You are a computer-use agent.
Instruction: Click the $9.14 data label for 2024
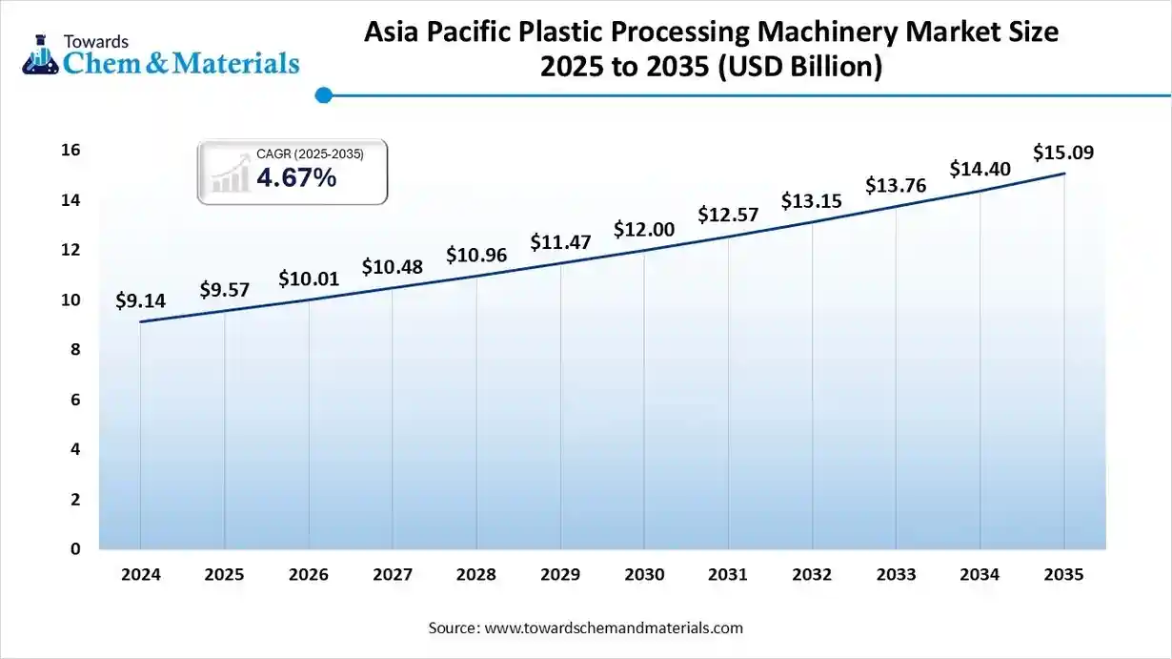click(x=140, y=301)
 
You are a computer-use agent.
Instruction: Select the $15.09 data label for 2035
click(x=1063, y=153)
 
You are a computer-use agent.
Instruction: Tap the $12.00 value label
click(x=644, y=230)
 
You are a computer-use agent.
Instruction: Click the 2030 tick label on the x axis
click(x=644, y=575)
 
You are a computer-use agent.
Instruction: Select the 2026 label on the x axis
click(x=308, y=575)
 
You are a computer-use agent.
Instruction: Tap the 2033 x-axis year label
click(x=896, y=575)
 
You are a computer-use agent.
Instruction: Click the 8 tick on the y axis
click(x=73, y=350)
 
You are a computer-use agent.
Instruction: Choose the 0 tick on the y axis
click(x=73, y=549)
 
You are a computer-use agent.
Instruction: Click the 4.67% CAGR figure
click(x=295, y=177)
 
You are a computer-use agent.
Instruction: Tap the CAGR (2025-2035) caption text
click(x=310, y=154)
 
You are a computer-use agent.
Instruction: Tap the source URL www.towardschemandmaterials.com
click(x=614, y=628)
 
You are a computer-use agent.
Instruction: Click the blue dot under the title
click(x=323, y=95)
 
